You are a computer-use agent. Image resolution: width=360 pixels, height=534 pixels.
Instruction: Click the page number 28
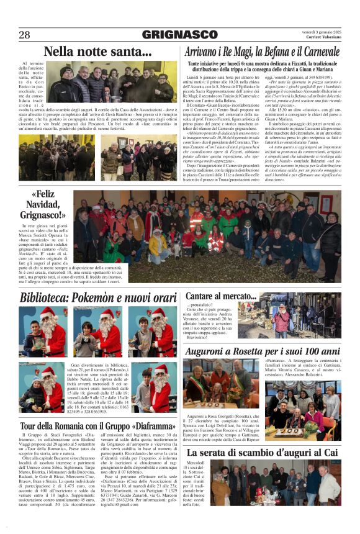click(24, 35)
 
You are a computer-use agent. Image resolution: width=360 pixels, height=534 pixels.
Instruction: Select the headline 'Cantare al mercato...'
click(220, 296)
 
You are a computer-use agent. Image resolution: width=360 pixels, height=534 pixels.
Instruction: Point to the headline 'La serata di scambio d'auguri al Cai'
click(263, 453)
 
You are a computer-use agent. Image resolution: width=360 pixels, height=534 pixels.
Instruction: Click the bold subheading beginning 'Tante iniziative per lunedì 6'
click(263, 67)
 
